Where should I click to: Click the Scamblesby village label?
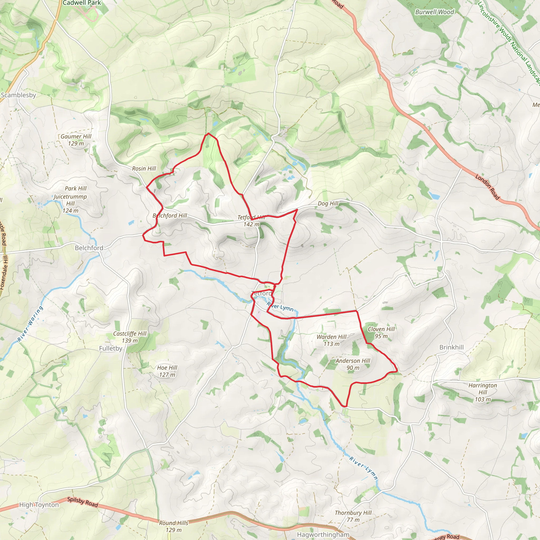(18, 95)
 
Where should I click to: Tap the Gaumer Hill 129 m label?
(76, 140)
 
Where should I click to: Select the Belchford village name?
(89, 248)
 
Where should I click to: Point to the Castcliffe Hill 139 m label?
(130, 337)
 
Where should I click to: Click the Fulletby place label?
(111, 348)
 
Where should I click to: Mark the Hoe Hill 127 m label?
(167, 371)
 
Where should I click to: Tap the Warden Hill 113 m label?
(331, 340)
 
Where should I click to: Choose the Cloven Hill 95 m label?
(381, 332)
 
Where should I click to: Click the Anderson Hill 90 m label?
(353, 364)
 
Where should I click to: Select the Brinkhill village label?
(451, 347)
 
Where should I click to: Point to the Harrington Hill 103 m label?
(483, 392)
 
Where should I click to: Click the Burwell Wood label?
(435, 12)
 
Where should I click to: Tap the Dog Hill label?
(328, 204)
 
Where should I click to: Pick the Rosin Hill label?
(144, 168)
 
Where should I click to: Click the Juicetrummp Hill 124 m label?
(70, 204)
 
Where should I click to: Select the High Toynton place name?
(39, 505)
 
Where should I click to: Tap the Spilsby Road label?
(83, 502)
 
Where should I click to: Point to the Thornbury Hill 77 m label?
(353, 516)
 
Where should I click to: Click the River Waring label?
(30, 324)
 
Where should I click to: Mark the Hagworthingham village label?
(323, 534)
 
